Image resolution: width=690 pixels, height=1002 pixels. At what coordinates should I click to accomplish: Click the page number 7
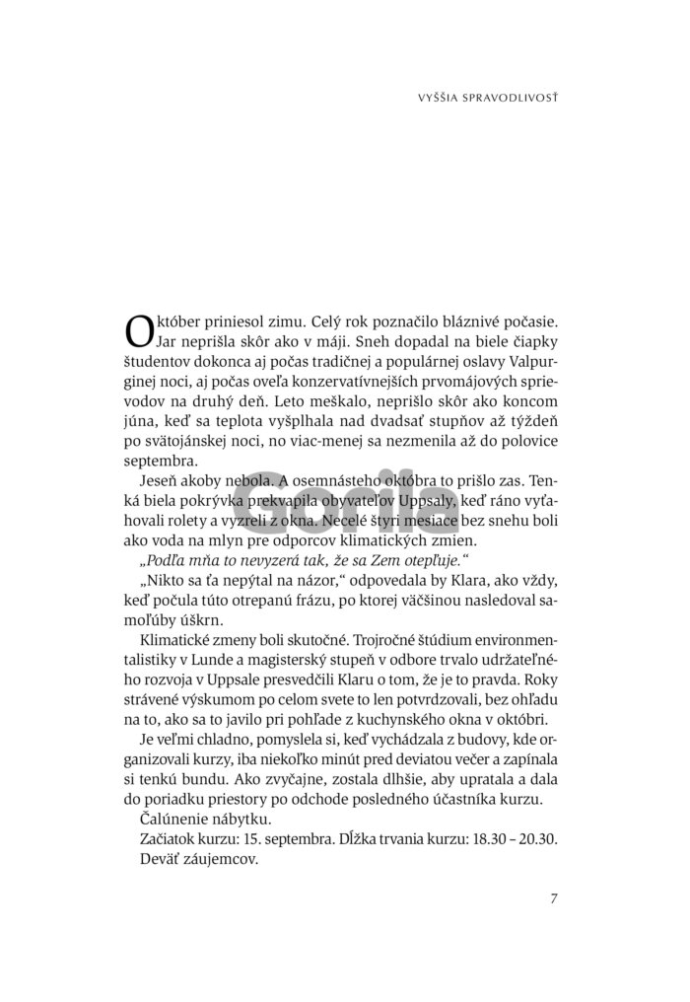tap(555, 898)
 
